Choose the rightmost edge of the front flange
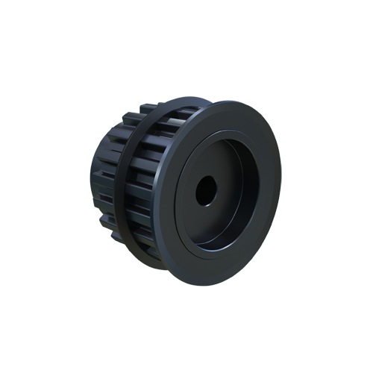click(x=280, y=186)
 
